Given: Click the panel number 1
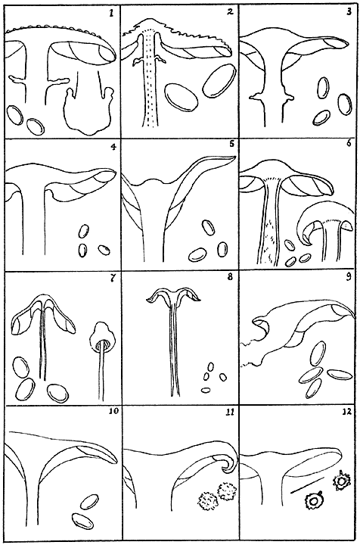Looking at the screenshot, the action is [111, 14].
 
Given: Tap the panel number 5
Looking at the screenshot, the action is [232, 144].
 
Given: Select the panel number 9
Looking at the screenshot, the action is [349, 277].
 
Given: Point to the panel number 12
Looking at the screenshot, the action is [347, 412].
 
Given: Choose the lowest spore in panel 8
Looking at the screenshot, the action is [206, 390].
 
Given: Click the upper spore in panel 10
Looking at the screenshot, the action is [88, 502].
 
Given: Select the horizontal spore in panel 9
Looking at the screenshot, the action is [340, 374].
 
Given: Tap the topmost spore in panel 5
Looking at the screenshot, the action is [208, 227].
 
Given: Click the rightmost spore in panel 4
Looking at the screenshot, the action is [104, 249].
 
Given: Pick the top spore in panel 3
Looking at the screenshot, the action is [323, 87].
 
